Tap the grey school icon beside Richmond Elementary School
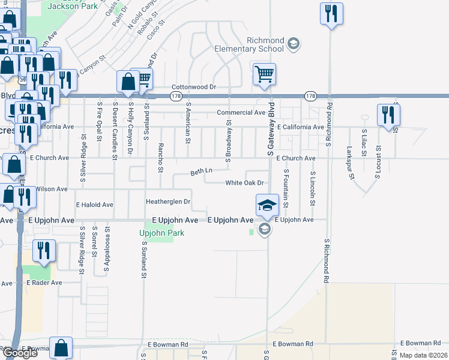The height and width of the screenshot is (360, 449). click(294, 43)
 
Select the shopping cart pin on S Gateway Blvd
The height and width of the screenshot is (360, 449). click(264, 75)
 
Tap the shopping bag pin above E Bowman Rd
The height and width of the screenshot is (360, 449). click(61, 347)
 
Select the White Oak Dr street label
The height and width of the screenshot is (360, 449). click(245, 183)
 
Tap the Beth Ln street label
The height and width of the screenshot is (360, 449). click(202, 171)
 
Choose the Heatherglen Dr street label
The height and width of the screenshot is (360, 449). click(168, 202)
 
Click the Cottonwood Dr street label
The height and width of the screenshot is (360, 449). click(194, 87)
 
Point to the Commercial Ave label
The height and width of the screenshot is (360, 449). click(241, 112)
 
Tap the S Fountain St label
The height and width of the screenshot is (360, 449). click(286, 188)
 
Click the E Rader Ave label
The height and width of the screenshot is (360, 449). click(45, 282)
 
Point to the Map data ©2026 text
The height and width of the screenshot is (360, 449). click(423, 355)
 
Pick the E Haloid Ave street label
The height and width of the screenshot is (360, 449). click(94, 205)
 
